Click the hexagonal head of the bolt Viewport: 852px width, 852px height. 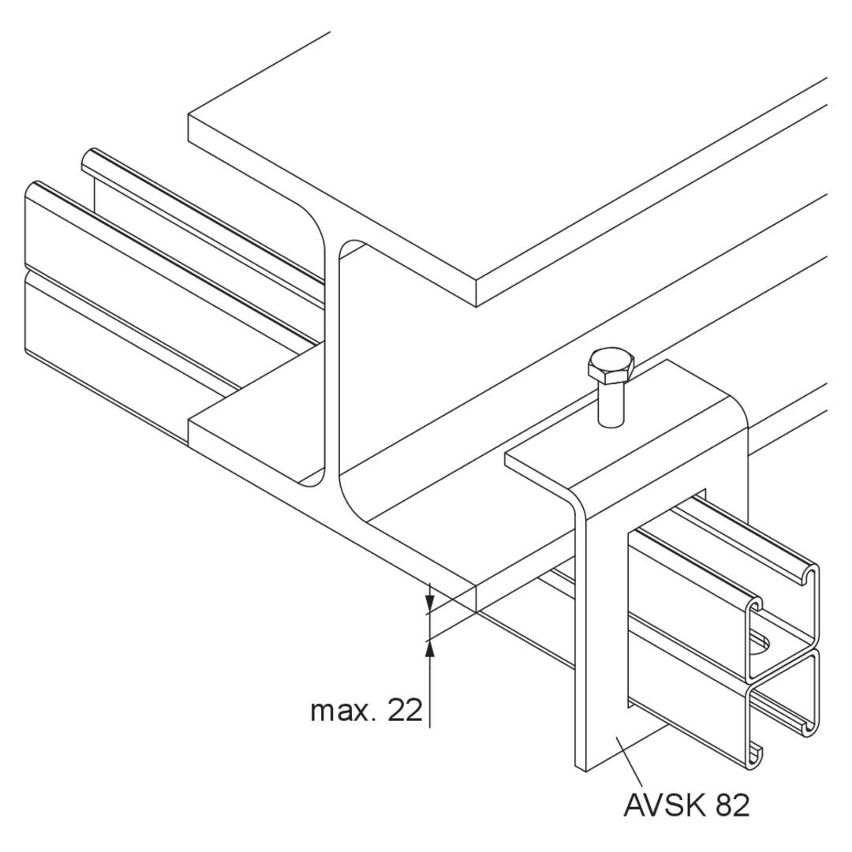(x=611, y=364)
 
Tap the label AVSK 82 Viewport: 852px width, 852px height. (x=686, y=805)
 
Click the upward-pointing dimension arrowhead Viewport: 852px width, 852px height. (x=430, y=648)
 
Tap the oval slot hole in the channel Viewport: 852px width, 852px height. (x=760, y=644)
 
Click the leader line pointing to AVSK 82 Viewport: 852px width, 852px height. (x=630, y=760)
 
